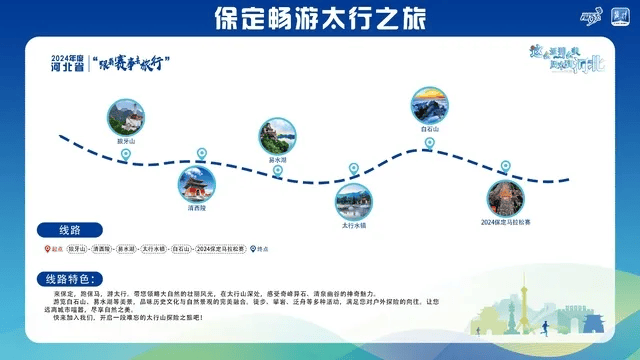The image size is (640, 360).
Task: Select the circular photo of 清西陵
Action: pos(196,183)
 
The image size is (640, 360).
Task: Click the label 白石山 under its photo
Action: pos(431,129)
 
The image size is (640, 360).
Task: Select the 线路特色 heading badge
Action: pos(71,277)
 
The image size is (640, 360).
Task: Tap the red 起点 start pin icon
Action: pos(44,248)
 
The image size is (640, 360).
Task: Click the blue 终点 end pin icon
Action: pos(252,248)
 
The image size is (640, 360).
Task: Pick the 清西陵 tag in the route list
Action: pos(102,248)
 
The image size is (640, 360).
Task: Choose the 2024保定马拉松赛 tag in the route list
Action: pos(220,248)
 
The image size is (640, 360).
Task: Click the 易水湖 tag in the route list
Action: pos(127,248)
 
